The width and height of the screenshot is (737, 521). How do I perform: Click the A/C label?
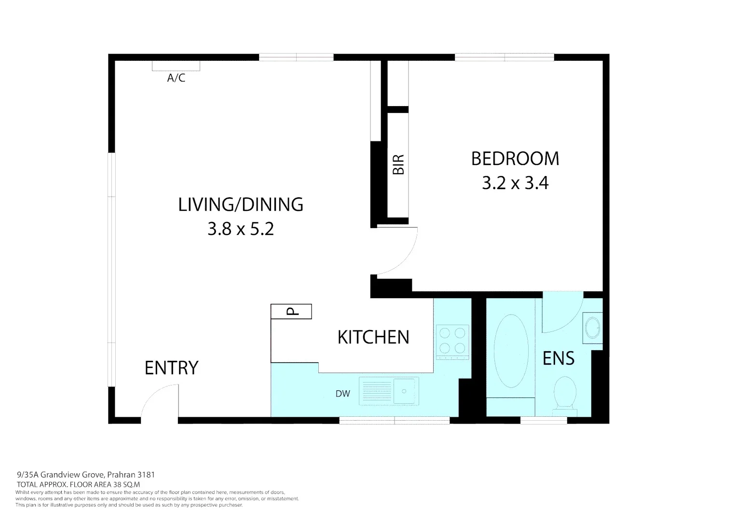(x=176, y=78)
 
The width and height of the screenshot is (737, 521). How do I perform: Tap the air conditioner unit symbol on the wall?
(x=176, y=66)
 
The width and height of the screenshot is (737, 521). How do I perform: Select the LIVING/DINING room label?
(x=241, y=205)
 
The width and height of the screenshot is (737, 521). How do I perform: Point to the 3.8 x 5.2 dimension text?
(x=241, y=229)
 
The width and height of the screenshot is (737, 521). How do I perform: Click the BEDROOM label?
(x=515, y=159)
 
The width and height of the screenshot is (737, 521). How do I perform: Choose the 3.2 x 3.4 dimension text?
(x=515, y=183)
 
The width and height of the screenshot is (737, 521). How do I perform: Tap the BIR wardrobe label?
(x=398, y=164)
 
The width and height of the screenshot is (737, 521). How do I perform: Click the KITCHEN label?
(x=373, y=337)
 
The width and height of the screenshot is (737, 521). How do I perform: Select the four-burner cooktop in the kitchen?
(x=452, y=341)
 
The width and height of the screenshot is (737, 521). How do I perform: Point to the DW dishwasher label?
(x=342, y=394)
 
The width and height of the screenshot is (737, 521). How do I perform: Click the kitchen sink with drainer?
(x=389, y=391)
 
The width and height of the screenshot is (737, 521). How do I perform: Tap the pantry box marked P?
(x=291, y=312)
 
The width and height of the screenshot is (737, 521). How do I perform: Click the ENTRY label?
(x=171, y=368)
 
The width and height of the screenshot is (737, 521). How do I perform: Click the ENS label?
(x=559, y=358)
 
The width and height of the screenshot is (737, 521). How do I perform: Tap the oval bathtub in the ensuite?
(x=510, y=351)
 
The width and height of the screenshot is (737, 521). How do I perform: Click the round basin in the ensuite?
(x=592, y=328)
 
